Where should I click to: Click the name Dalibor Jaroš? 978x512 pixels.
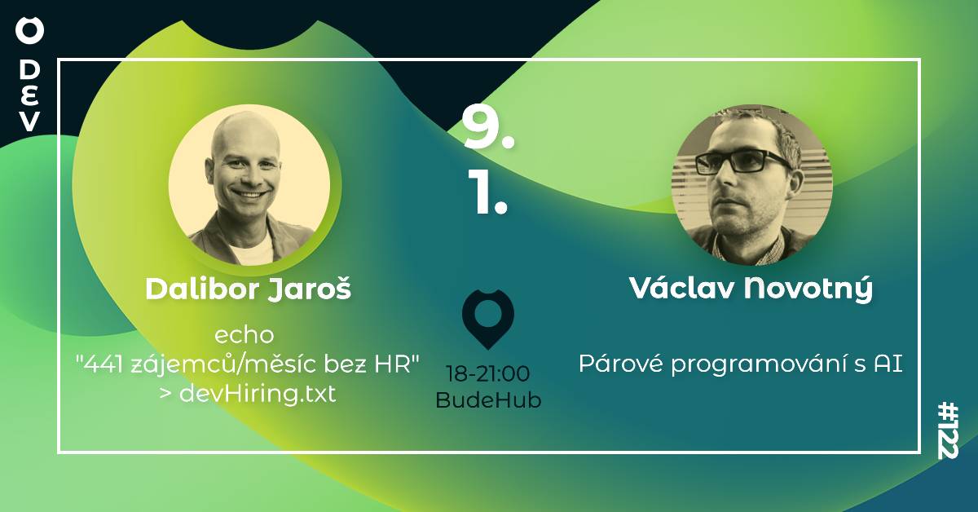pos(248,289)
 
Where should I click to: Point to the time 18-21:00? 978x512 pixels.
pos(488,374)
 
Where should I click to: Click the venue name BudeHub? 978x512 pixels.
pos(488,400)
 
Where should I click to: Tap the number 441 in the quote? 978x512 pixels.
pos(101,365)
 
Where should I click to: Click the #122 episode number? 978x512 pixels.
pos(949,430)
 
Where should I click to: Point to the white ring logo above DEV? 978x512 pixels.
pos(29,32)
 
